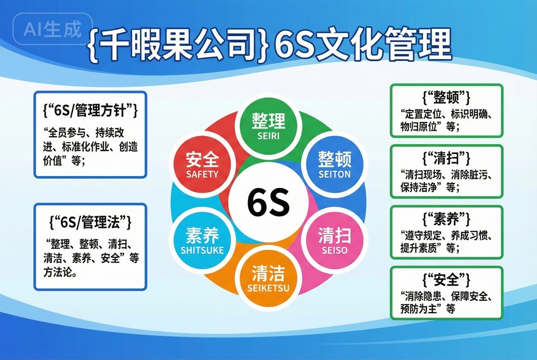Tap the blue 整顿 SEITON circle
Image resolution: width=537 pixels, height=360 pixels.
click(x=335, y=164)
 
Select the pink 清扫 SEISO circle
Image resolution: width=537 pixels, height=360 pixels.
click(x=335, y=240)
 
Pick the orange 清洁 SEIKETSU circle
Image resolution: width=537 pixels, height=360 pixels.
click(x=268, y=278)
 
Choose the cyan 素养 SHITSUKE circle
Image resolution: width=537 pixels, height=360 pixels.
click(x=202, y=240)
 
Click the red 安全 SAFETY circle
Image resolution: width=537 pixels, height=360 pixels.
click(x=202, y=164)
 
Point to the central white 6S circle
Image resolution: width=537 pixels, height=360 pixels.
click(x=268, y=202)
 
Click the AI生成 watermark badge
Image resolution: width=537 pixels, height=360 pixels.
click(x=53, y=29)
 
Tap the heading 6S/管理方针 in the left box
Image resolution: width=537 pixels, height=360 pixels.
click(x=90, y=110)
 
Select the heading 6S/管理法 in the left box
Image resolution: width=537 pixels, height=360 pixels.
click(x=90, y=222)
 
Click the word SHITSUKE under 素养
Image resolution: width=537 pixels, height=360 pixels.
click(x=202, y=250)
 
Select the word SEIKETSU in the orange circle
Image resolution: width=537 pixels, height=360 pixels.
click(x=268, y=288)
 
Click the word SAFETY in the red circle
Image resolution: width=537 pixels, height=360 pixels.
click(x=202, y=174)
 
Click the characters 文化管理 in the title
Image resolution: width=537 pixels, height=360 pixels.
click(x=383, y=45)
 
